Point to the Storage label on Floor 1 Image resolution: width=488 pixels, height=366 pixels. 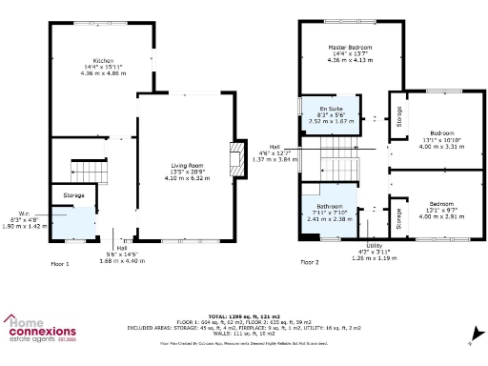click(75, 195)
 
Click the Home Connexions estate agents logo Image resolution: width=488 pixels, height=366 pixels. click(43, 329)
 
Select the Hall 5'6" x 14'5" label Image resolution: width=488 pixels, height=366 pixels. click(122, 253)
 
